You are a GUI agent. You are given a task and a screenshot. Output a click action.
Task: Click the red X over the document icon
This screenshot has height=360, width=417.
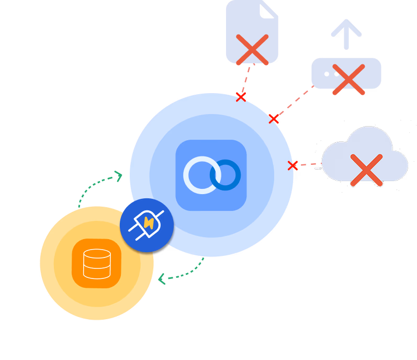pos(252,50)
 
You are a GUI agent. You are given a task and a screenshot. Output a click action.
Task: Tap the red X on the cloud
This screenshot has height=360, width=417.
pos(366,170)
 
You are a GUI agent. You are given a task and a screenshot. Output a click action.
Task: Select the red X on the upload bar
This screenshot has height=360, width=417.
pos(348,80)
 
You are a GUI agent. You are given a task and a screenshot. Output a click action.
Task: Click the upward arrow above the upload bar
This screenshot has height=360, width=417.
pos(346,34)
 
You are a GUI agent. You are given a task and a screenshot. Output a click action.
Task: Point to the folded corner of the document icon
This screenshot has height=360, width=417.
pos(268,9)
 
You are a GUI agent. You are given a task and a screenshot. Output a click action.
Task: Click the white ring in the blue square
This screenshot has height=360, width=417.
pos(202,175)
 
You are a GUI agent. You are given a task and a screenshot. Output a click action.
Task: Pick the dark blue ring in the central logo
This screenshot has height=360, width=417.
pos(226,175)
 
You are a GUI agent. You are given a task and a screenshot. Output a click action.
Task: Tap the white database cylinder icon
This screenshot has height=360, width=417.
pos(97,263)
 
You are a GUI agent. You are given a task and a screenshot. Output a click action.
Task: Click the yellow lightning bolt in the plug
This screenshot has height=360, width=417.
pos(149,223)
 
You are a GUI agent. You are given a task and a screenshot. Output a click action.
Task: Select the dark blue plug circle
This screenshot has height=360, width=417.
pos(146,225)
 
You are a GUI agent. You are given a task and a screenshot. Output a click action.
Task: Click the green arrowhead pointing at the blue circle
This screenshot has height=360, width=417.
pos(119,176)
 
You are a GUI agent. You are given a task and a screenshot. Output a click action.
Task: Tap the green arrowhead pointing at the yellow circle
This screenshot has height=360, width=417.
pos(162,279)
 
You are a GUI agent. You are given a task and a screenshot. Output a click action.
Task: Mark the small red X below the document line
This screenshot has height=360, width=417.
pos(241,97)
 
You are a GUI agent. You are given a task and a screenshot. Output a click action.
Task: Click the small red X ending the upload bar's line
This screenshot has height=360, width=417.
pos(274,119)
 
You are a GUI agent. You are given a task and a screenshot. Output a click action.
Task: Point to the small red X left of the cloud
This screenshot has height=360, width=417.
pos(292,166)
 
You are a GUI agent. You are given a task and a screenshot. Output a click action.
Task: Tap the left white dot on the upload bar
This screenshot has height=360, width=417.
pos(326,74)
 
